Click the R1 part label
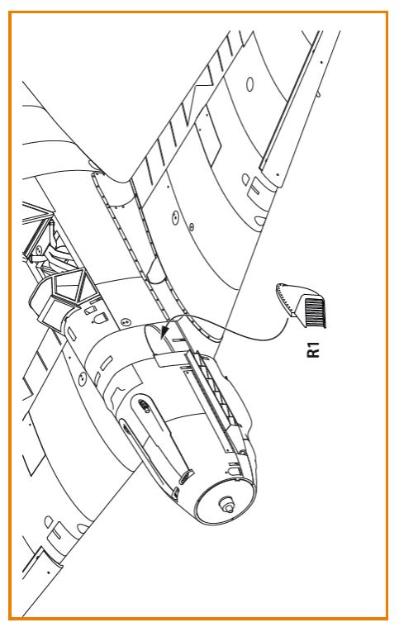[314, 349]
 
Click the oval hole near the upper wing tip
[249, 84]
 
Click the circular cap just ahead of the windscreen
[126, 322]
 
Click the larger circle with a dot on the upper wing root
[174, 218]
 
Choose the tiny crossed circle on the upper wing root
[192, 227]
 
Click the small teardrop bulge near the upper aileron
[245, 179]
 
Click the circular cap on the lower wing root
[82, 378]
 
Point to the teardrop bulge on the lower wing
[48, 521]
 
